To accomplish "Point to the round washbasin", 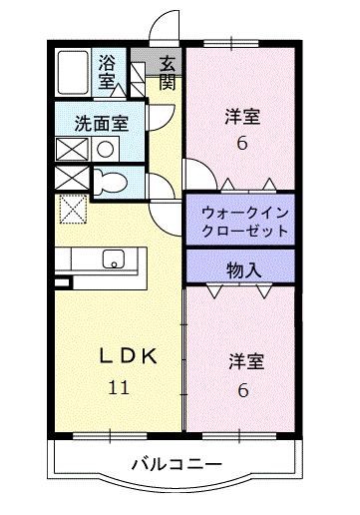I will click(x=103, y=150).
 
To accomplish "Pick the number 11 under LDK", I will click(x=117, y=388).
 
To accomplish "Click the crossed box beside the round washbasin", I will click(x=72, y=150).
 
